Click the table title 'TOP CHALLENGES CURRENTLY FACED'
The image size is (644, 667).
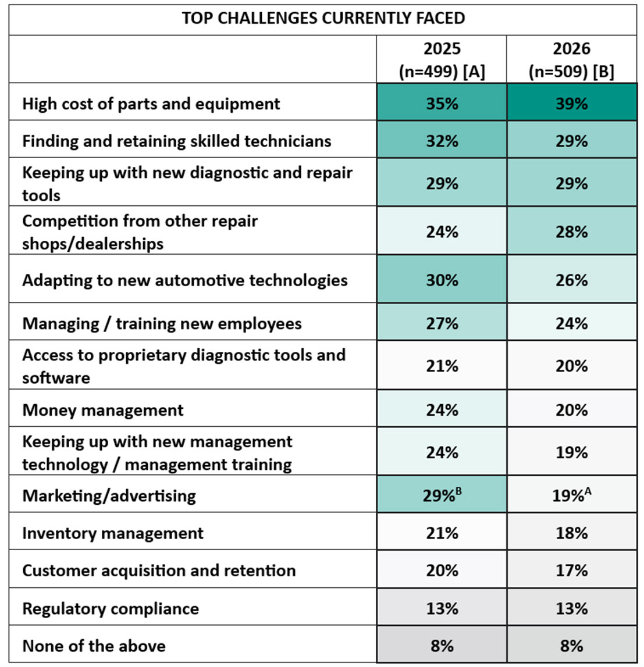[x=323, y=18]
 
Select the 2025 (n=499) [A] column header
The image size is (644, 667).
[x=442, y=60]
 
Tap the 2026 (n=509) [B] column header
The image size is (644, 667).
[x=571, y=60]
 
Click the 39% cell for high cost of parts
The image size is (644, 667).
[x=571, y=104]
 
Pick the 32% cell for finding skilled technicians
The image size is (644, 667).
[x=442, y=141]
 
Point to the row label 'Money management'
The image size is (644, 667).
[x=103, y=410]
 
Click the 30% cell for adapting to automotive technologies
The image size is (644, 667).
[x=442, y=280]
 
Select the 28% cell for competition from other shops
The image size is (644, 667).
[x=571, y=231]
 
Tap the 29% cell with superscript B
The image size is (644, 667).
[x=442, y=495]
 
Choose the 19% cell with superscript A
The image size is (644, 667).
[x=571, y=495]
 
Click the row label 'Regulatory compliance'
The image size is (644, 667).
[x=111, y=608]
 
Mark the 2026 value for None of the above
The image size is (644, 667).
[x=571, y=645]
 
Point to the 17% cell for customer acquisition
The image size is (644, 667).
[x=571, y=570]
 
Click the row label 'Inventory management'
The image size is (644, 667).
[x=113, y=533]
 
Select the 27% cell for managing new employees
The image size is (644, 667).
[x=442, y=323]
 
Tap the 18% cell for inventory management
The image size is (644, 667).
[x=571, y=533]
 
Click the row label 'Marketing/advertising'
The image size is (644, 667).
[x=109, y=495]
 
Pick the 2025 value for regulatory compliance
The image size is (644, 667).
[x=442, y=608]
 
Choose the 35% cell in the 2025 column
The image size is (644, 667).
[x=442, y=104]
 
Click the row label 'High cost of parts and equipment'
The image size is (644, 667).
[x=151, y=104]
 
